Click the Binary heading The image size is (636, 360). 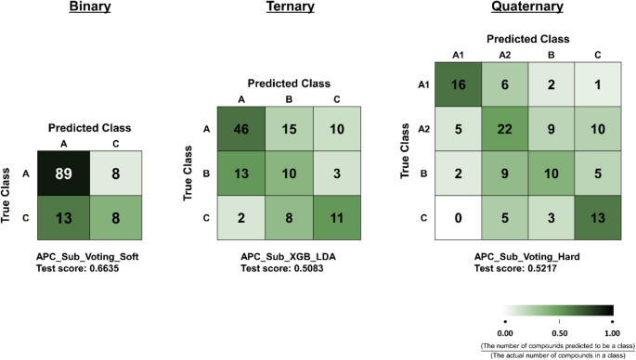click(90, 8)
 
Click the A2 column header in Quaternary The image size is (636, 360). click(505, 55)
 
